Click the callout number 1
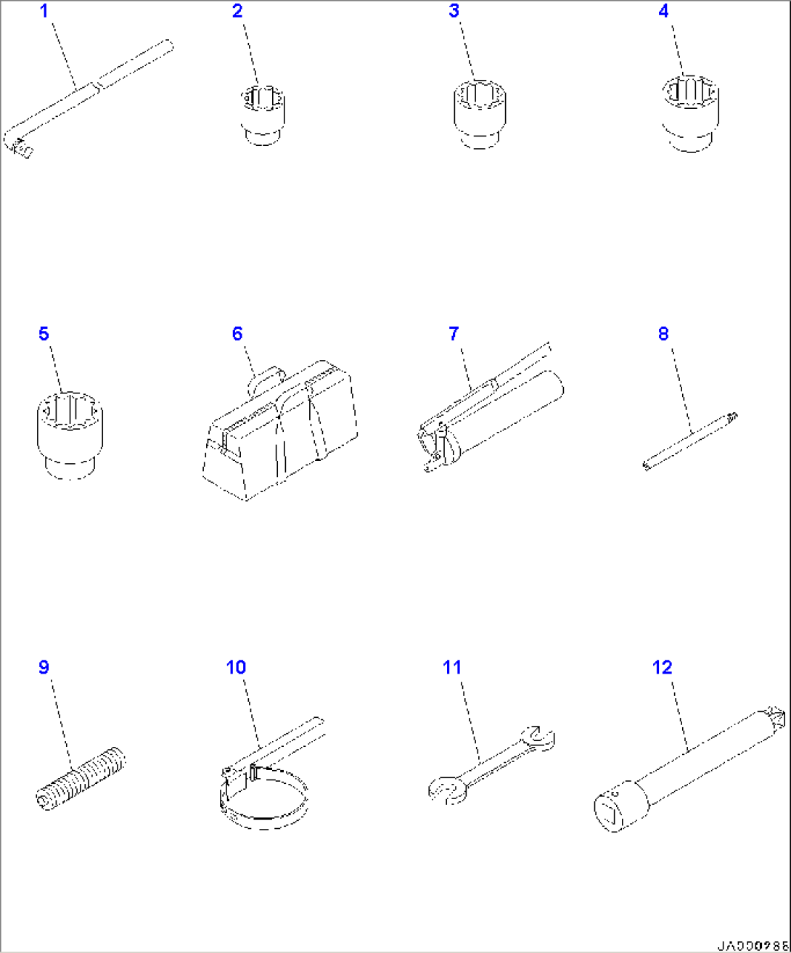click(x=44, y=11)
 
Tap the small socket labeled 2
click(x=262, y=114)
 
